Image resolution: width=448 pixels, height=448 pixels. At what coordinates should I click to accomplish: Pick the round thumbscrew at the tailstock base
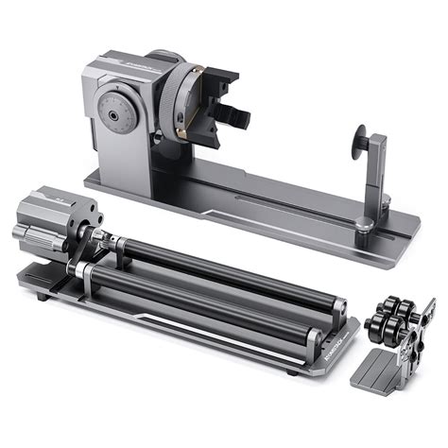(364, 223)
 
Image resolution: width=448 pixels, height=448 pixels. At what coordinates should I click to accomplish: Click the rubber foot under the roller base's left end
(40, 297)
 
